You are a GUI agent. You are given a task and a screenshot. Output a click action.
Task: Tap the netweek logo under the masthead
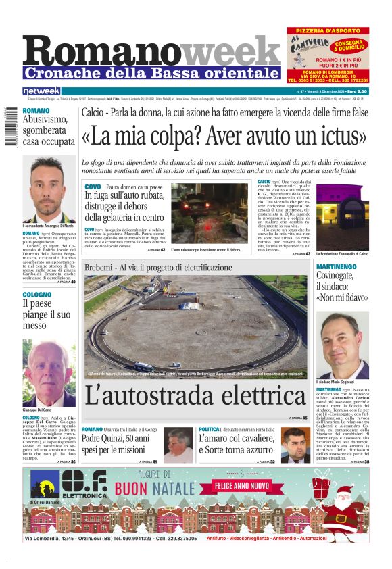click(x=42, y=91)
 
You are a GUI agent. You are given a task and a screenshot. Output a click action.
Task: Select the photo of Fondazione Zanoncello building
click(x=343, y=217)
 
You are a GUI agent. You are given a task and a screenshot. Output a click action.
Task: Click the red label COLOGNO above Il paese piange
click(x=36, y=295)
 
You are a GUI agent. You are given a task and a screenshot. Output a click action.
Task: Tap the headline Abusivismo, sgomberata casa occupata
click(x=47, y=130)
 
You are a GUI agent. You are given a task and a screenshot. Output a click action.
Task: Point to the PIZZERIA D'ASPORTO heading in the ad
click(x=327, y=31)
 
